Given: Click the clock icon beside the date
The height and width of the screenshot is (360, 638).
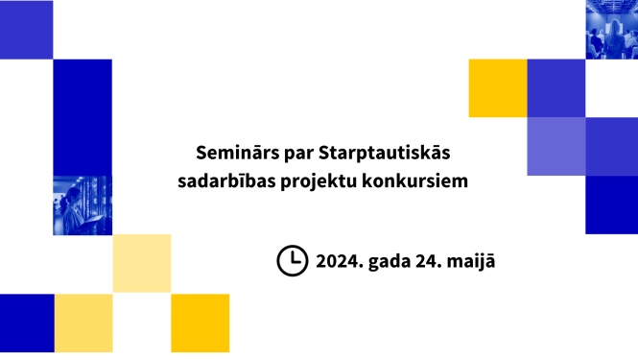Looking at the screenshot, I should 292,260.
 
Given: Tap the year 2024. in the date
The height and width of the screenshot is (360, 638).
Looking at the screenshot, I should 342,260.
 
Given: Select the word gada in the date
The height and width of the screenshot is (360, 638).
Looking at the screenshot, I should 397,260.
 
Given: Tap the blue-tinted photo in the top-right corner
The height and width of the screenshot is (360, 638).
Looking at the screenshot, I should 611,29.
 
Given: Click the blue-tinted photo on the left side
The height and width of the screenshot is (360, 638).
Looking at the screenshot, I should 83,204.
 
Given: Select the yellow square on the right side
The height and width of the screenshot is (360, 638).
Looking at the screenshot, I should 497,88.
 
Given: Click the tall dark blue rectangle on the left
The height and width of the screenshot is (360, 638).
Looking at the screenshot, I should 83,116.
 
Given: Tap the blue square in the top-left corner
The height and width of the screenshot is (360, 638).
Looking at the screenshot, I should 26,29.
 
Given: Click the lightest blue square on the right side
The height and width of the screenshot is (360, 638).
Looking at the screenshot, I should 555,146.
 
